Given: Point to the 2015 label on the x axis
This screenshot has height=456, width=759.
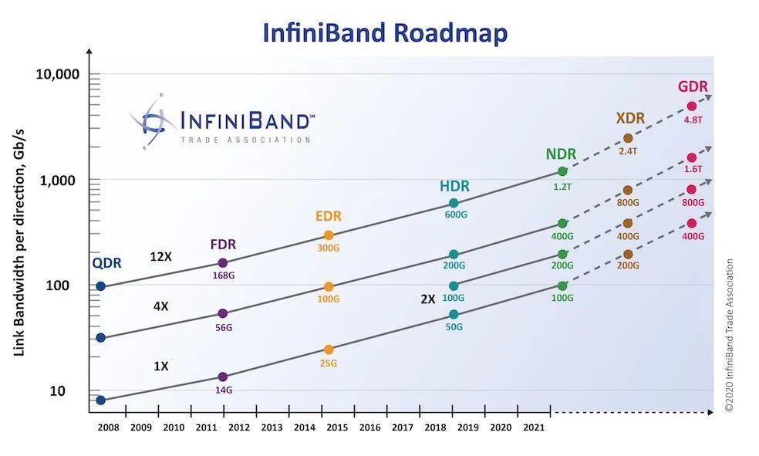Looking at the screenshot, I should [328, 427].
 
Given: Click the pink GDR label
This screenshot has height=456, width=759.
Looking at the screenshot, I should [692, 87].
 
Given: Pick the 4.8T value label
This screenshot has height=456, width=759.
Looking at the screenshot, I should [693, 120].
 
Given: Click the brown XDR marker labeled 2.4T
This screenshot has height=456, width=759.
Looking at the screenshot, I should [628, 138].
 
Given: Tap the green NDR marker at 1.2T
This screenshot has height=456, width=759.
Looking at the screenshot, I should [562, 171].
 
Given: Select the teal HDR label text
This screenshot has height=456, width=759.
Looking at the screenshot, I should [454, 186].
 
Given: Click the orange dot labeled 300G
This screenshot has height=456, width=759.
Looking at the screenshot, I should [329, 235].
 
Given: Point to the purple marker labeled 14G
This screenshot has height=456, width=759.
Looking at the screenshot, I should [223, 377].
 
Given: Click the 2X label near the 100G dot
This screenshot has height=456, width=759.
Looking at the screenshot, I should [428, 299].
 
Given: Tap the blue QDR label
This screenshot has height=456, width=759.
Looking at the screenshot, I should [106, 263].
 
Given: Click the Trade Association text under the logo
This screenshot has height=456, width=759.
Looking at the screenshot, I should [245, 140].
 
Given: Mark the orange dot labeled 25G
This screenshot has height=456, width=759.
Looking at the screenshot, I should [329, 350].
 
